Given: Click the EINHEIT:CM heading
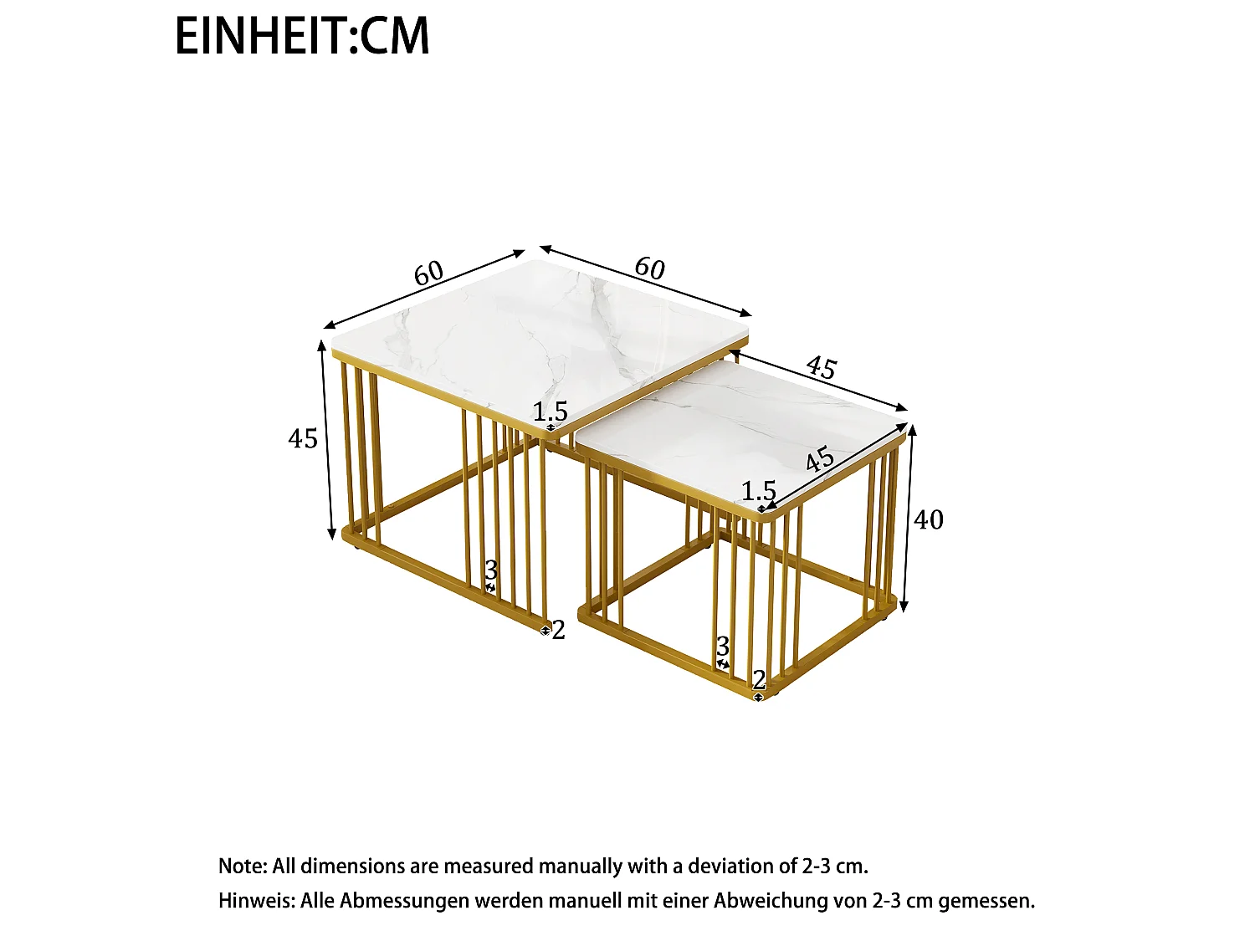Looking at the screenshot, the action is [302, 35].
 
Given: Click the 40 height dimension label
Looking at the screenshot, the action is [929, 520].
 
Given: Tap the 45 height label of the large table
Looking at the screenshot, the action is [303, 439].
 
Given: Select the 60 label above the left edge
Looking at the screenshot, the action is [428, 274].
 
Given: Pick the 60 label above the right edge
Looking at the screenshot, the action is [650, 268].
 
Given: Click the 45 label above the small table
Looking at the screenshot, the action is [822, 367].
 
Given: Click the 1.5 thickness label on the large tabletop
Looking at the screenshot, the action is [550, 412].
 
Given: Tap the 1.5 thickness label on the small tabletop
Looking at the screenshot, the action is [759, 491].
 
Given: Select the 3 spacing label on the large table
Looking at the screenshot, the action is [491, 570].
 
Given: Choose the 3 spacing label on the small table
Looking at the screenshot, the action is [723, 647].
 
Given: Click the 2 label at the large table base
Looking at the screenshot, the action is [559, 630].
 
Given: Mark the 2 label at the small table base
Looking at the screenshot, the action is [759, 680].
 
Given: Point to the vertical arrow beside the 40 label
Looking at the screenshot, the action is [908, 519].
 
